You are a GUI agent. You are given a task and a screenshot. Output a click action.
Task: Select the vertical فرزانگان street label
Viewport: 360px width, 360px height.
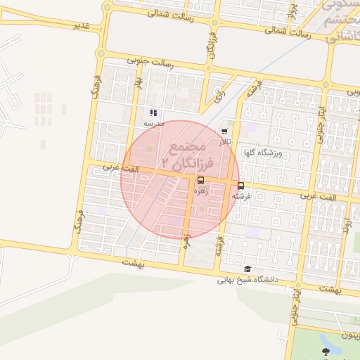[211, 45]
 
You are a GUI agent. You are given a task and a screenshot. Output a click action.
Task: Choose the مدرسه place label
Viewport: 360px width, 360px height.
[153, 123]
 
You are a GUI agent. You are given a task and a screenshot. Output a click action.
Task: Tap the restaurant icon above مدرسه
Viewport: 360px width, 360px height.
[153, 112]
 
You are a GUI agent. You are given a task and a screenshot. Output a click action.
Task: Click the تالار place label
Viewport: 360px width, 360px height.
[224, 142]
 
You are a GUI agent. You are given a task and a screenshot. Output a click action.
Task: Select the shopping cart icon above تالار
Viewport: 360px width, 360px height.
[224, 131]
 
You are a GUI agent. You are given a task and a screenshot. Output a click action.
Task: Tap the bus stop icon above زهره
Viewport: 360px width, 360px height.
[202, 181]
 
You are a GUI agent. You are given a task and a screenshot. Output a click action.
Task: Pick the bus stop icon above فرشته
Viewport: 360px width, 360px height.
[241, 186]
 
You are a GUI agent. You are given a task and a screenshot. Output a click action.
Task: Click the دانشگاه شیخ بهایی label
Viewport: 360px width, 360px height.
[247, 280]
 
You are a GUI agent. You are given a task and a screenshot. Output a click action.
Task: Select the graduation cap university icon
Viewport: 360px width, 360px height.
[247, 269]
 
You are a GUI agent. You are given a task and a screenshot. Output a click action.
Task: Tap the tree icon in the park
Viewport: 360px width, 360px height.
[325, 351]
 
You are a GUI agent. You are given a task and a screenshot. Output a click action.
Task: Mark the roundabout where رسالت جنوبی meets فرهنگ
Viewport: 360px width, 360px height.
[101, 53]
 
